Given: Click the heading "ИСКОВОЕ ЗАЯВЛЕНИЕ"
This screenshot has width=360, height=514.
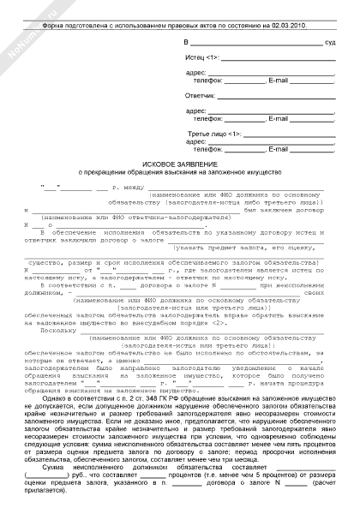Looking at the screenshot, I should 180,163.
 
